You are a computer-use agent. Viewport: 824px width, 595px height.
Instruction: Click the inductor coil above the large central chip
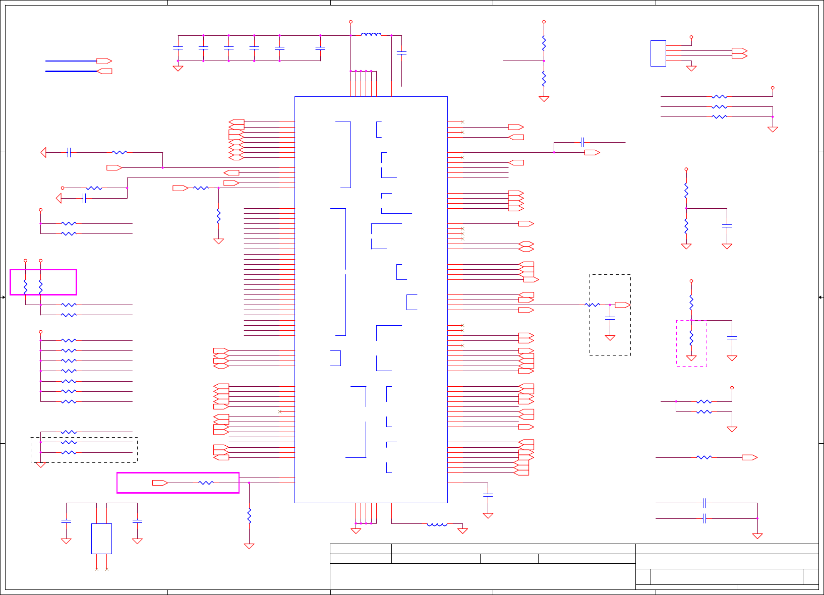pos(371,35)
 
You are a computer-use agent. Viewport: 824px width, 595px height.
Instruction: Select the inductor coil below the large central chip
pos(437,524)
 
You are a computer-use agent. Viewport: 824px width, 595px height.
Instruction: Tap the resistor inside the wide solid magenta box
pos(206,483)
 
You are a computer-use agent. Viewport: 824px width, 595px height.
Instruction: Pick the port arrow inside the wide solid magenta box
pos(160,483)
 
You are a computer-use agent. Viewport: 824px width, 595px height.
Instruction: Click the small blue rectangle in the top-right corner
pos(658,53)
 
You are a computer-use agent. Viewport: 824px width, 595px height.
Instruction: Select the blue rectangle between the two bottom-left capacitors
pos(101,539)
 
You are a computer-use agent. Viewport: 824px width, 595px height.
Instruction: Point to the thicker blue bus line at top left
pos(71,71)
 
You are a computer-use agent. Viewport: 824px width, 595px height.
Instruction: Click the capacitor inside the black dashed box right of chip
pos(610,318)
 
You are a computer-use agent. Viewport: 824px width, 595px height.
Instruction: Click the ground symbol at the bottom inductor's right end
pos(462,530)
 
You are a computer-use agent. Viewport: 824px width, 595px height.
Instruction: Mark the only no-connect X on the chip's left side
pos(280,412)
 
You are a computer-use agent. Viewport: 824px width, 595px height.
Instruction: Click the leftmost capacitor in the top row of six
pos(178,48)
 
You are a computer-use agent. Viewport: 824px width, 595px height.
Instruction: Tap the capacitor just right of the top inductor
pos(401,52)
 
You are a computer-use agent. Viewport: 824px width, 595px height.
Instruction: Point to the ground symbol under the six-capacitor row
pos(178,68)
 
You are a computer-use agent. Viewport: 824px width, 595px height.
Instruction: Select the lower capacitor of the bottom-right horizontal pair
pos(704,518)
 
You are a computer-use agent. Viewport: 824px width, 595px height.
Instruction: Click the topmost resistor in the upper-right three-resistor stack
pos(719,97)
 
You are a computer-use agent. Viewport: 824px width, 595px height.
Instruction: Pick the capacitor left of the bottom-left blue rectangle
pos(66,521)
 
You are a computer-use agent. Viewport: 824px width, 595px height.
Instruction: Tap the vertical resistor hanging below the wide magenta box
pos(249,516)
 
